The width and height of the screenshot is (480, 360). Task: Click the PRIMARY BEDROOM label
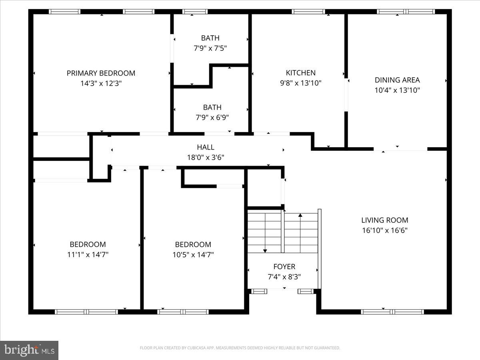click(x=101, y=73)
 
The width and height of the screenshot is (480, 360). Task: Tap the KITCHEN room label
click(x=300, y=73)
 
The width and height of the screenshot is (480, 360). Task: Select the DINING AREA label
click(x=397, y=80)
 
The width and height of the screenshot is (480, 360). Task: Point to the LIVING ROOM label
click(x=384, y=220)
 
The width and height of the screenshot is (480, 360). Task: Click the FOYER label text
click(x=284, y=266)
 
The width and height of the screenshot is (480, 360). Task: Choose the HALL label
click(x=205, y=147)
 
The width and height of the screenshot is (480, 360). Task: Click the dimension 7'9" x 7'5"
click(x=210, y=48)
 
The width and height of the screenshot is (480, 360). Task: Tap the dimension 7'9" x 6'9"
click(x=212, y=118)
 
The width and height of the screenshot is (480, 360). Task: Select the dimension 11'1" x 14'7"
click(x=88, y=254)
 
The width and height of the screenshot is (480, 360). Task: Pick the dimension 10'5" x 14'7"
click(x=193, y=254)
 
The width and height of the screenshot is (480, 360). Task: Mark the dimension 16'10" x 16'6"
click(x=384, y=230)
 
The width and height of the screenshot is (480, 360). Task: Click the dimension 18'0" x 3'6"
click(x=205, y=158)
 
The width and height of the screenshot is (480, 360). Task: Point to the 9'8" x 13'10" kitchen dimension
click(x=300, y=83)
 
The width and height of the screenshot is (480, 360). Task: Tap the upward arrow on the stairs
click(x=300, y=216)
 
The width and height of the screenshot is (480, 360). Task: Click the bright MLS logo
click(x=29, y=350)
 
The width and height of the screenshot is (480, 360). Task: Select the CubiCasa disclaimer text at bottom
click(x=240, y=348)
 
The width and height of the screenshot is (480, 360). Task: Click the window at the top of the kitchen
click(x=308, y=12)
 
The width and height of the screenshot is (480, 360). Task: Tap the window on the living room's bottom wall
click(x=392, y=312)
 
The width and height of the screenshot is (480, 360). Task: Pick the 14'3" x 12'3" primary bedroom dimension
click(x=101, y=84)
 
